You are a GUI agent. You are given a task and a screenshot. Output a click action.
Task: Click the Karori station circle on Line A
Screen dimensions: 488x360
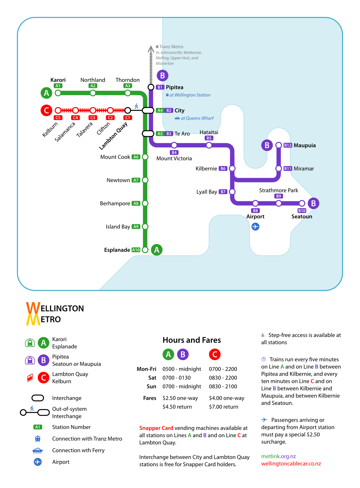58,93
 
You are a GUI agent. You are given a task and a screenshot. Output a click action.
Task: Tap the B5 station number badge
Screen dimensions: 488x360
209,138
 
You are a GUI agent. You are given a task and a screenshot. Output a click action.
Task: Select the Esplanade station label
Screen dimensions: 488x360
117,250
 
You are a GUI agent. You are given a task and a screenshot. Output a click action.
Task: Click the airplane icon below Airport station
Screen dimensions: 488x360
255,227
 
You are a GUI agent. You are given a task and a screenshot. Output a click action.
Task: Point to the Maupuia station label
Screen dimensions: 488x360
305,145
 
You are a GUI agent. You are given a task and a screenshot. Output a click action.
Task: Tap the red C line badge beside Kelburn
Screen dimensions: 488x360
46,110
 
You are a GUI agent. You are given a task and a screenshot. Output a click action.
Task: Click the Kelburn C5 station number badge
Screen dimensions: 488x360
58,118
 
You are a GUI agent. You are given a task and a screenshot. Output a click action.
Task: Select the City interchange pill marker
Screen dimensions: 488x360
148,110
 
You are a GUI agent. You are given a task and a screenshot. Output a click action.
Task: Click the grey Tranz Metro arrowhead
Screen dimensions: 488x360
151,49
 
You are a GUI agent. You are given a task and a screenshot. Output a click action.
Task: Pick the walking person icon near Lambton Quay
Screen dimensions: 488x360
136,106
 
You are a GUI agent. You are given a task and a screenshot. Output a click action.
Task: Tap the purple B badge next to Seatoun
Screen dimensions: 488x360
314,203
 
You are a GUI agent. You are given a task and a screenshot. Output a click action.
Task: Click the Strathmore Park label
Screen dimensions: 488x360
278,190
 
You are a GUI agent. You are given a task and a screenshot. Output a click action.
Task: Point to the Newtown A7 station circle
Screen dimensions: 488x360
145,180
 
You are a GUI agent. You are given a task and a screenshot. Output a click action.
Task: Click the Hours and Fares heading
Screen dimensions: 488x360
192,340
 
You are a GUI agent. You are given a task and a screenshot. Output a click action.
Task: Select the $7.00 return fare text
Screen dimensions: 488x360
224,407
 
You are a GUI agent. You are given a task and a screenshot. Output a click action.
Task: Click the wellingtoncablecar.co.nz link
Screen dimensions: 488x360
291,464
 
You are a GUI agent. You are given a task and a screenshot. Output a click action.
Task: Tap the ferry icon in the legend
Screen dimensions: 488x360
38,450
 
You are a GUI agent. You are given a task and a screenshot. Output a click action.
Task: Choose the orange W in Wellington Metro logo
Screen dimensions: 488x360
33,308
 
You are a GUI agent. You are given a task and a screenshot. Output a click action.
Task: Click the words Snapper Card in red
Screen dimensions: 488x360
156,428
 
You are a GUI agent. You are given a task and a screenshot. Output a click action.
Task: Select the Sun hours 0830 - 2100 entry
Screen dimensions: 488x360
223,386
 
